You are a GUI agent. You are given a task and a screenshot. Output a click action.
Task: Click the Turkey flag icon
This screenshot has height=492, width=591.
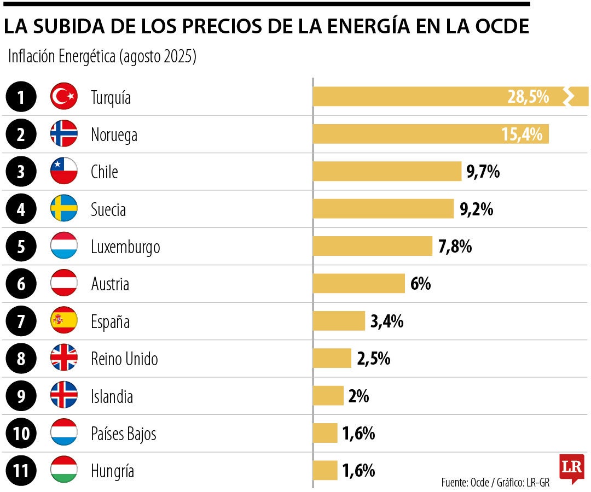click(x=64, y=97)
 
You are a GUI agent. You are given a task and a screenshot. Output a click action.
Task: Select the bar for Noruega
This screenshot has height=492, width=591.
click(x=430, y=134)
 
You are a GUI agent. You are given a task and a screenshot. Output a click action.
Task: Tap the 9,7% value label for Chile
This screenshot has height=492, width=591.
click(x=483, y=172)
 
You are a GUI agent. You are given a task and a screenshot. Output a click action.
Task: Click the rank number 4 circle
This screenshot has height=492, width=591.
click(x=21, y=209)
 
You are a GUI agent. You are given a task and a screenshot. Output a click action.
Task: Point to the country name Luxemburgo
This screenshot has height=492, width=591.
click(x=125, y=247)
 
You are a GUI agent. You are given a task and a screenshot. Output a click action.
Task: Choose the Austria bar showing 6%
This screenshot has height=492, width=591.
click(x=358, y=284)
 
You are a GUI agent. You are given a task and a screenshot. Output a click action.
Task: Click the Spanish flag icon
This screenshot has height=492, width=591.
click(x=64, y=321)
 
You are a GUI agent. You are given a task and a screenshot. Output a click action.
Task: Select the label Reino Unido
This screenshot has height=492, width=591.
click(x=124, y=359)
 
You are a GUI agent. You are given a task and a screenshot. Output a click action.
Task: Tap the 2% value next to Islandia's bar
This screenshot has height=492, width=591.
click(x=358, y=396)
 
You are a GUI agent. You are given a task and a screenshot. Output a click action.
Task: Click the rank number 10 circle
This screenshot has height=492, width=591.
click(x=21, y=434)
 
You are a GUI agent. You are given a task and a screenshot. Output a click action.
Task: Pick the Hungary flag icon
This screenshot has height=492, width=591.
click(x=64, y=471)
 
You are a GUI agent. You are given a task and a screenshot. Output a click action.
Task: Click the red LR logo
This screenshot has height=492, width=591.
click(x=571, y=468)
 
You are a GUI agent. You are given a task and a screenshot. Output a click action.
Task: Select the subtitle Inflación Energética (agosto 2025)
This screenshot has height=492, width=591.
click(x=102, y=57)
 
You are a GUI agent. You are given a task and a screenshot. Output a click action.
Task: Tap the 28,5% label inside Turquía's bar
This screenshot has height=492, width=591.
click(x=528, y=97)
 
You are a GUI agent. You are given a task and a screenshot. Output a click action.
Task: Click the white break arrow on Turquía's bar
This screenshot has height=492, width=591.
click(x=569, y=97)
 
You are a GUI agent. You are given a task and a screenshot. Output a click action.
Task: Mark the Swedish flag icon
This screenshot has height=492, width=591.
click(x=64, y=209)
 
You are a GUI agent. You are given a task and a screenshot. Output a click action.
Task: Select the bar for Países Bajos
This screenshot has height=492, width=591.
click(x=325, y=433)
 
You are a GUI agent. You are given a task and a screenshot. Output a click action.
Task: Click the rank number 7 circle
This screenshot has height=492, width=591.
click(x=21, y=321)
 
